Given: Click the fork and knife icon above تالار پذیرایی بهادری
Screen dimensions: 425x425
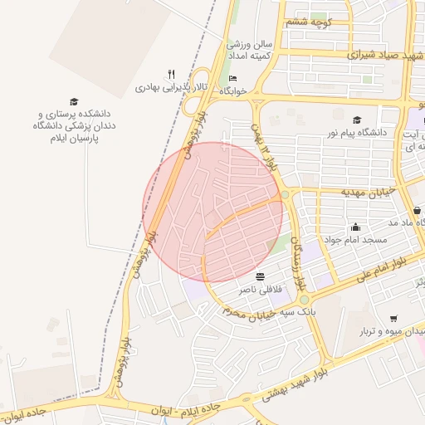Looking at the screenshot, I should [x=171, y=73].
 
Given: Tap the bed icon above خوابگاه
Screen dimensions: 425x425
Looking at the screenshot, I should [x=232, y=78].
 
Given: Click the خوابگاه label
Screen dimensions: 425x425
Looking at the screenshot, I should [x=233, y=90].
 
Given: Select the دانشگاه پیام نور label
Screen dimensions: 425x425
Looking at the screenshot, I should [x=357, y=133].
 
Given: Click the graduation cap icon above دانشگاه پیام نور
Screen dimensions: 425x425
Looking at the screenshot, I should [x=357, y=120].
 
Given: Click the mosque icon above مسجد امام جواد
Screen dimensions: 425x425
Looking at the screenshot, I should [x=356, y=227].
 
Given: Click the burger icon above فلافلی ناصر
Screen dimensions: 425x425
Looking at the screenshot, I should [x=261, y=276].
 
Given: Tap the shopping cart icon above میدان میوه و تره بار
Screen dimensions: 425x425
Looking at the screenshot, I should [x=393, y=318].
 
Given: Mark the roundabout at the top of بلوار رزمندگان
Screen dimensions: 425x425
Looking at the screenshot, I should [x=285, y=194].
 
